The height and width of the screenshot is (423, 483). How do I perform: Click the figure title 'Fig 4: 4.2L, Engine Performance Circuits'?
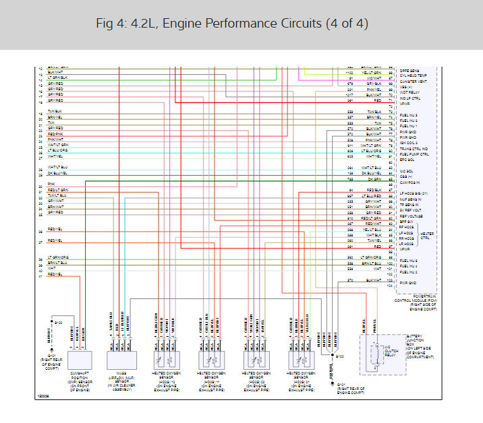tap(241, 24)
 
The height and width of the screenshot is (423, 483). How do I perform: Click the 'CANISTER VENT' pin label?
tap(413, 81)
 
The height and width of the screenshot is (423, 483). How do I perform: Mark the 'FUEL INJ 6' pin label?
tap(409, 260)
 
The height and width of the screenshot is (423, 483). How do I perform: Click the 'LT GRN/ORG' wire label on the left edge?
tap(59, 257)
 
